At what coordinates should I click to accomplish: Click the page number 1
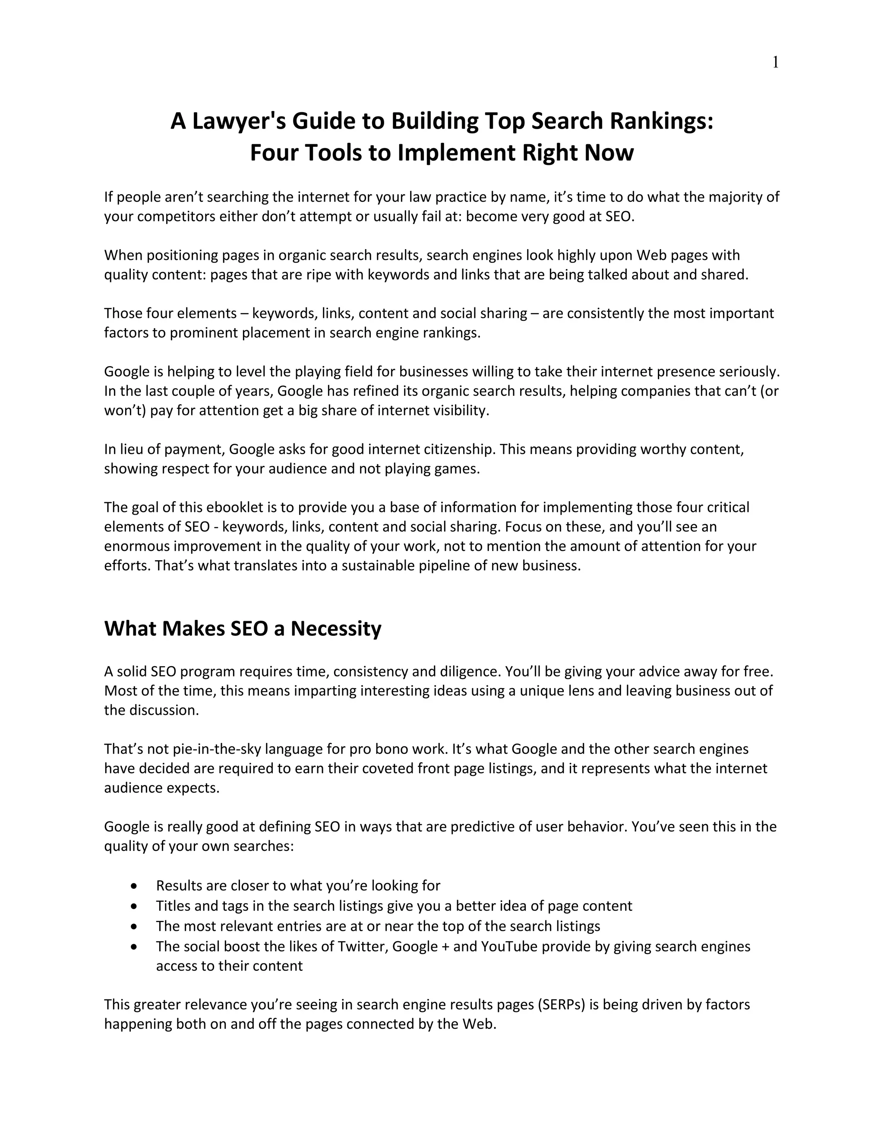pyautogui.click(x=775, y=63)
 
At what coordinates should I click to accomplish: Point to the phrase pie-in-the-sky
pyautogui.click(x=217, y=749)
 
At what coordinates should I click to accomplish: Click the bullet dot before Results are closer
pyautogui.click(x=135, y=886)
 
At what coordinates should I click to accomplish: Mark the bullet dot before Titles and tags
pyautogui.click(x=135, y=906)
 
